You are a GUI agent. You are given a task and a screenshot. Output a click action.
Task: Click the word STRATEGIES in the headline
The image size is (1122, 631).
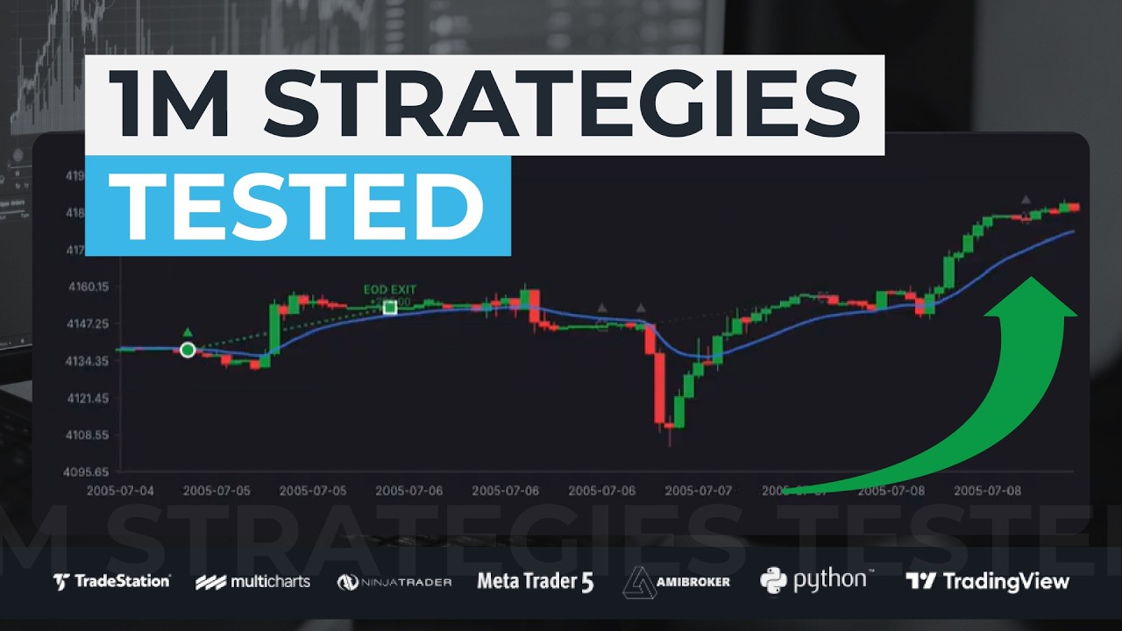click(561, 105)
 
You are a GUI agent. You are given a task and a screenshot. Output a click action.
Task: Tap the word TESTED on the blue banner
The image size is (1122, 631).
click(298, 207)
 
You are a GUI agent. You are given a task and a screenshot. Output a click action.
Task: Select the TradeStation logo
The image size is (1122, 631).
click(111, 581)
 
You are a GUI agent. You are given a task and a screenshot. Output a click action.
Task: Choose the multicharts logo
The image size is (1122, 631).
click(252, 581)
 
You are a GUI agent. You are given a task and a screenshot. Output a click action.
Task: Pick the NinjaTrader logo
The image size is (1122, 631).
click(394, 582)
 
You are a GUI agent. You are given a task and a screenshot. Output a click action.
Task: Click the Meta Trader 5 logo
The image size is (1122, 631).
click(535, 581)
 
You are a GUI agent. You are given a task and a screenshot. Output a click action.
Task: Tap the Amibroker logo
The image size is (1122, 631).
click(676, 581)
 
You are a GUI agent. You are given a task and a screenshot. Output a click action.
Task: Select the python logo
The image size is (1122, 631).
click(817, 580)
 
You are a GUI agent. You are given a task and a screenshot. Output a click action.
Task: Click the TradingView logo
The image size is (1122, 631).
click(987, 581)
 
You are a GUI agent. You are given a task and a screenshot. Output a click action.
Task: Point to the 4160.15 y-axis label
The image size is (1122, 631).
click(88, 287)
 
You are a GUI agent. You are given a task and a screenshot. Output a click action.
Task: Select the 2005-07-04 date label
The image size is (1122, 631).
click(120, 491)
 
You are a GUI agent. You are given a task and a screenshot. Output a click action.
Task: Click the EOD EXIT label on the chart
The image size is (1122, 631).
click(390, 289)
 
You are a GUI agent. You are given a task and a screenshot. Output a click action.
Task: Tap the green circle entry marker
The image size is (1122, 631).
click(188, 351)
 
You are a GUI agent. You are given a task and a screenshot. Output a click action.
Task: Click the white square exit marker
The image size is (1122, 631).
click(390, 308)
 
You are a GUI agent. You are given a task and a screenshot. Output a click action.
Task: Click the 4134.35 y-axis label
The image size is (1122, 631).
click(88, 361)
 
